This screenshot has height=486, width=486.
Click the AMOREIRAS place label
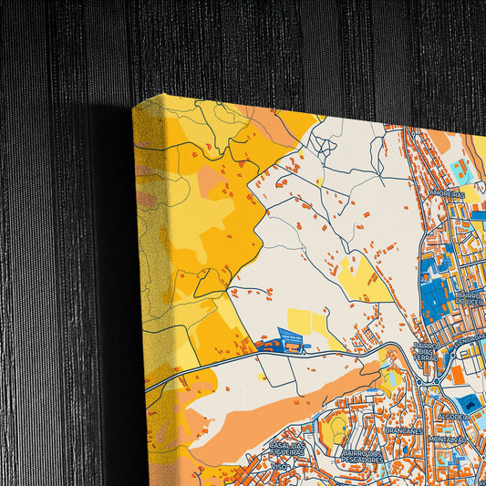[446, 194]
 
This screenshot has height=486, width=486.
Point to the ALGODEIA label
[452, 416]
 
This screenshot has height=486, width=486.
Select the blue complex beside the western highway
[294, 339]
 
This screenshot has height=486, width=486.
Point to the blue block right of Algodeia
[472, 403]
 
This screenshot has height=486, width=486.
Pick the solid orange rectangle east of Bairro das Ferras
[457, 375]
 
